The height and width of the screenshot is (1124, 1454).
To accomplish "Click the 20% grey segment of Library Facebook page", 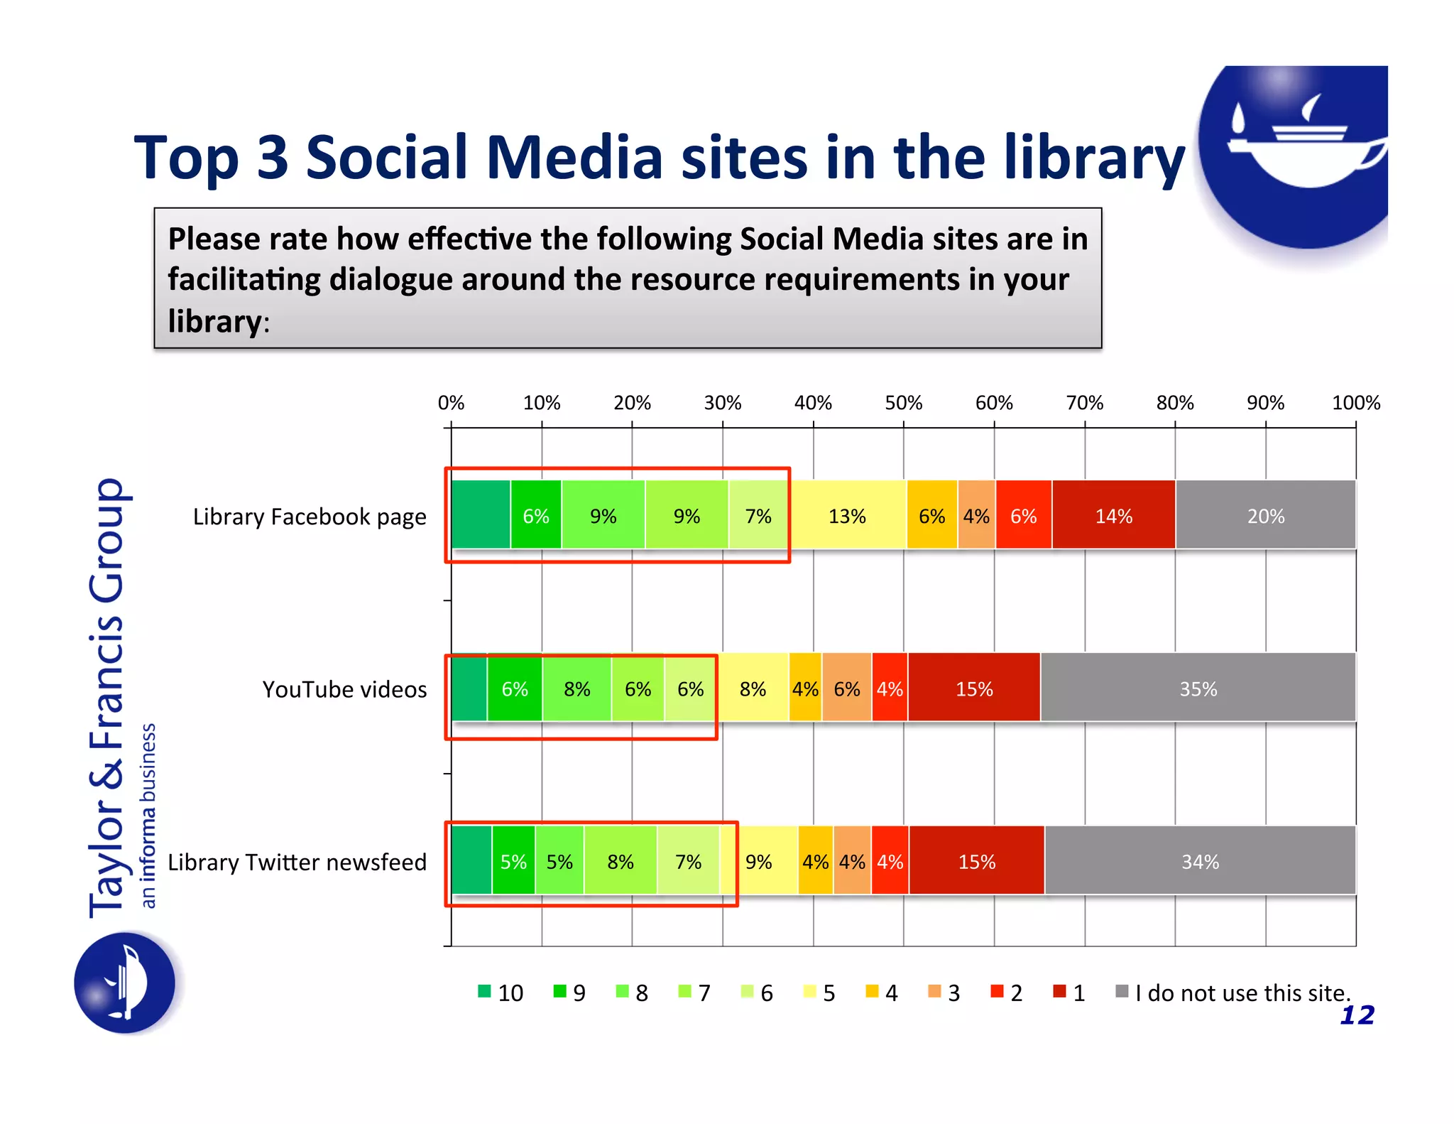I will click(1265, 516).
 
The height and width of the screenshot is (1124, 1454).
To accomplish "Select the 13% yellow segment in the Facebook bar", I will click(847, 516).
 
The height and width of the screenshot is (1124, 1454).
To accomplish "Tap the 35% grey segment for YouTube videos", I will click(1198, 688).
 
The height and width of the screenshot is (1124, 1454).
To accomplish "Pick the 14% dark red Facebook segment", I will click(1113, 516).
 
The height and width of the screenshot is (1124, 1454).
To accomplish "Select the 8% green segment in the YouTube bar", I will click(576, 688).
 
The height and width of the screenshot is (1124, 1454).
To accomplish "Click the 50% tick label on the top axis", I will click(903, 403).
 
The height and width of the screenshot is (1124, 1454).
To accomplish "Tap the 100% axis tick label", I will click(1355, 403).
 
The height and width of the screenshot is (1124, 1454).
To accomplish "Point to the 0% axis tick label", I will click(451, 403).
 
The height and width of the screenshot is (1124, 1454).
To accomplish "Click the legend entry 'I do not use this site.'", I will click(1242, 993).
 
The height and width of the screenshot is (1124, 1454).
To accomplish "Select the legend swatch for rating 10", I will click(485, 991).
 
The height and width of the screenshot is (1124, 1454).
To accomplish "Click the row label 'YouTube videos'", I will click(344, 689).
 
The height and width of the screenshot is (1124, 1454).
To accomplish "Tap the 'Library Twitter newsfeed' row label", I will click(297, 862).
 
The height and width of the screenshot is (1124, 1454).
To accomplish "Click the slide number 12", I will click(1357, 1015).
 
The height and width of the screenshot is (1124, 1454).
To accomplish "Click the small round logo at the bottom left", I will click(125, 983).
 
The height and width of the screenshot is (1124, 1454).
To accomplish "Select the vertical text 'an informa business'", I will click(148, 815).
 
